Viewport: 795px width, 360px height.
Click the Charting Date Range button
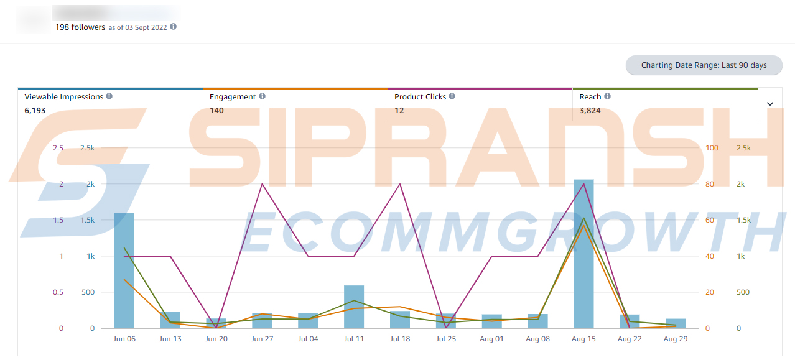click(704, 65)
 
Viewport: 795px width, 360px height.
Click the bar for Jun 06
click(124, 270)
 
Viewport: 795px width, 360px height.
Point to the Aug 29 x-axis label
click(675, 339)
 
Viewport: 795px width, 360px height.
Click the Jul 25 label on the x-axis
click(445, 339)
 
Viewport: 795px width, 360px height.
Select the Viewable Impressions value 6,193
click(35, 111)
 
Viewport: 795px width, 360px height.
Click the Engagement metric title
click(233, 97)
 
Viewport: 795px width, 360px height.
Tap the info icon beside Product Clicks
click(452, 96)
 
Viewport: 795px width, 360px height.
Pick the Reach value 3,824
click(590, 111)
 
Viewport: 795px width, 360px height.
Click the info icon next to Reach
click(607, 96)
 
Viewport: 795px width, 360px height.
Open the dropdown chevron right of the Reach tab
click(770, 104)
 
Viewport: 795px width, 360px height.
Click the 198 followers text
click(80, 27)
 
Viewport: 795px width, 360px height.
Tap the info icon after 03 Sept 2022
click(174, 27)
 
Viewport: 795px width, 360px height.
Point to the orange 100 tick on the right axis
click(712, 148)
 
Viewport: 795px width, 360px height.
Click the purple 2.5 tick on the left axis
click(58, 148)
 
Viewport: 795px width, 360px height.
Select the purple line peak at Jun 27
click(262, 184)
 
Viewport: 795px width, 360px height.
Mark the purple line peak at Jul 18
click(400, 184)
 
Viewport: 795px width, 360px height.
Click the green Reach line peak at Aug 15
click(583, 218)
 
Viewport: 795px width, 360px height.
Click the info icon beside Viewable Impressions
click(109, 96)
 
